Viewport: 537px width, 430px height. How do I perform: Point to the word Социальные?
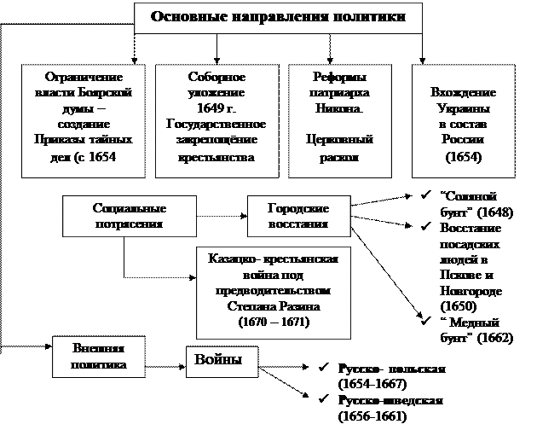point(129,209)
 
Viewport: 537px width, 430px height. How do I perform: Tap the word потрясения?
point(129,224)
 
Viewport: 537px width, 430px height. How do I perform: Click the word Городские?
point(297,209)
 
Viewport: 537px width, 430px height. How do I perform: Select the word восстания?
point(297,224)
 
